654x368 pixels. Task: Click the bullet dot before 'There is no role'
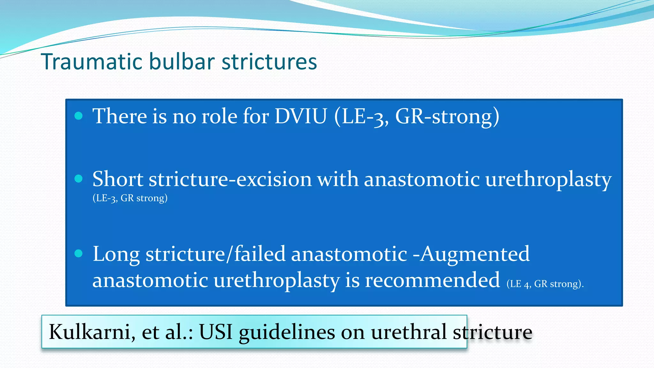(x=79, y=116)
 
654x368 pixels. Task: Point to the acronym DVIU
(x=301, y=116)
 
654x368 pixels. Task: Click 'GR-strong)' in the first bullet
(x=447, y=116)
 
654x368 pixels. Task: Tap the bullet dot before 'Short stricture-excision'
(x=79, y=179)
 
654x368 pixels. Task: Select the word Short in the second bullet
(x=118, y=179)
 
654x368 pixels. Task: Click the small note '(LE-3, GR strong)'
(x=130, y=198)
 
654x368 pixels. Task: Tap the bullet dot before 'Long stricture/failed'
(x=79, y=254)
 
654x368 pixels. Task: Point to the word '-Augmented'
(x=471, y=254)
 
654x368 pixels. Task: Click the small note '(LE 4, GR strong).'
(x=545, y=284)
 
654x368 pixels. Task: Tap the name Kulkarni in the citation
(x=90, y=332)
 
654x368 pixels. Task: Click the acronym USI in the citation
(x=216, y=332)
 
